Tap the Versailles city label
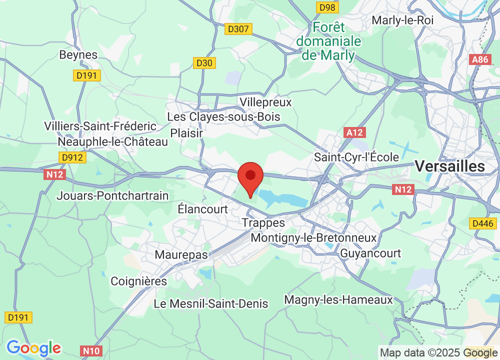point(450,166)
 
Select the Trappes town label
point(263,223)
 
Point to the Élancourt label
point(203,209)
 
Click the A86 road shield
point(480,59)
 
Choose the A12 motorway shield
point(355,132)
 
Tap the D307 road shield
point(238,29)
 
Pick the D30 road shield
point(204,63)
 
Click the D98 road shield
point(327,7)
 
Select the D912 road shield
point(73,158)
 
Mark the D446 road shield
point(483,223)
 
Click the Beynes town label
point(78,55)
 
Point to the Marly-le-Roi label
point(402,20)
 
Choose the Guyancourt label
point(370,253)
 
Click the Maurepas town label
point(181,255)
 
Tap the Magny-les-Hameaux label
point(338,300)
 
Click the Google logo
point(33,347)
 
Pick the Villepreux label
point(265,102)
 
